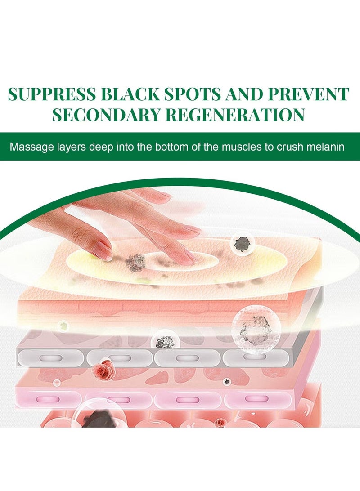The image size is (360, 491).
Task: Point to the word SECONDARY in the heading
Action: click(106, 115)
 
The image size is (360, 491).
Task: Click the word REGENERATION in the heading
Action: click(235, 115)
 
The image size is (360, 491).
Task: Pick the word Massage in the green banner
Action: click(32, 147)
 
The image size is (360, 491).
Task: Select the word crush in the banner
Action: click(290, 147)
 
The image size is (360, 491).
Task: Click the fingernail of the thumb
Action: click(103, 251)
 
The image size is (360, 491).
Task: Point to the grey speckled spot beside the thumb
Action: click(136, 263)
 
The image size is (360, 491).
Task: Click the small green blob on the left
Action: click(63, 326)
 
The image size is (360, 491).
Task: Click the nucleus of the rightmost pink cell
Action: click(256, 398)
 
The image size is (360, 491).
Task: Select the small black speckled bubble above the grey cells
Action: click(165, 341)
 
